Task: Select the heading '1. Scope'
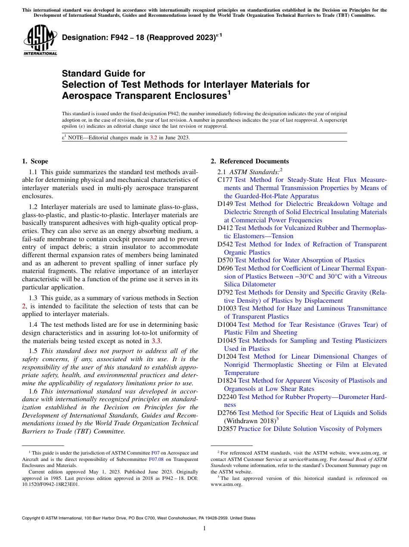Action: click(x=35, y=161)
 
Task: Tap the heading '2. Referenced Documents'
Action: click(x=250, y=161)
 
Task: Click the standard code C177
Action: click(x=225, y=180)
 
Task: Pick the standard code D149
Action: click(x=225, y=204)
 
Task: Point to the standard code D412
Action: click(x=225, y=228)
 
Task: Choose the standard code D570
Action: click(x=225, y=260)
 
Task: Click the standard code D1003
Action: click(x=227, y=308)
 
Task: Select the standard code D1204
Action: click(x=227, y=356)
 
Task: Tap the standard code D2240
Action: click(x=227, y=396)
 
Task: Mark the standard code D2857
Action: click(x=227, y=429)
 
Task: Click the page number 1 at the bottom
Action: click(x=204, y=529)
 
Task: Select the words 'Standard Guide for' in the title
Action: click(x=104, y=74)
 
